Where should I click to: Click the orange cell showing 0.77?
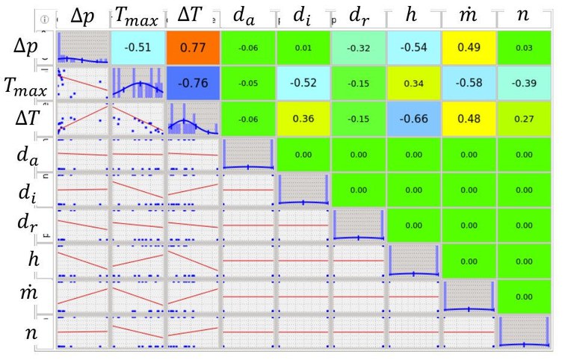pyautogui.click(x=193, y=49)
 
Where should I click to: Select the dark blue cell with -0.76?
pyautogui.click(x=193, y=83)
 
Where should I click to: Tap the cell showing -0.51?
pyautogui.click(x=138, y=49)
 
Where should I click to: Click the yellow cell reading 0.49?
pyautogui.click(x=469, y=49)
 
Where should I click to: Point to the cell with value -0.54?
pyautogui.click(x=413, y=49)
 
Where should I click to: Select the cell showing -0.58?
pyautogui.click(x=469, y=83)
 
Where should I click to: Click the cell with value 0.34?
pyautogui.click(x=413, y=83)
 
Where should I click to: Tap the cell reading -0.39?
pyautogui.click(x=524, y=83)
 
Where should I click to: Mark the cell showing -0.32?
pyautogui.click(x=358, y=49)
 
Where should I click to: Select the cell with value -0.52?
pyautogui.click(x=303, y=83)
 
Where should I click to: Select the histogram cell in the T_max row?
pyautogui.click(x=138, y=83)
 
